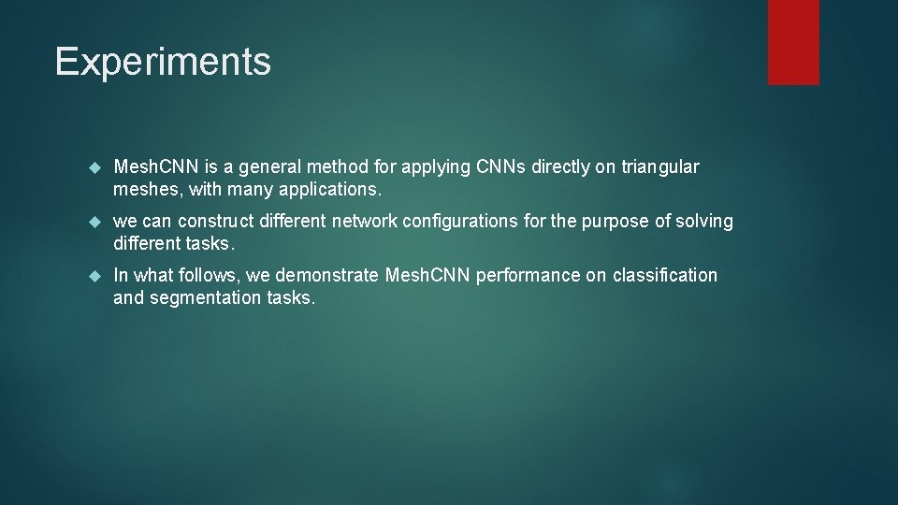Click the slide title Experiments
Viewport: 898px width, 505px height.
[163, 62]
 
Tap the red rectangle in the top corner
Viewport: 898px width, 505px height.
[793, 42]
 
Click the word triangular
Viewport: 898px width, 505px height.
[660, 167]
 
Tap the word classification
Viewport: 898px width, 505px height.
[665, 276]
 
